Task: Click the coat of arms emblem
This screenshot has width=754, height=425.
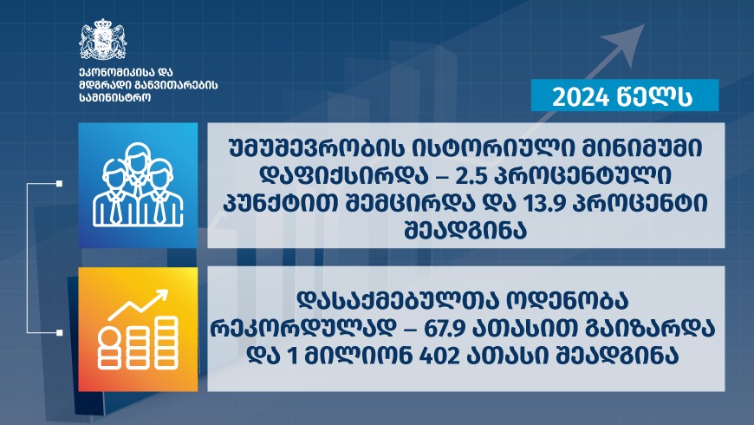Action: tap(102, 40)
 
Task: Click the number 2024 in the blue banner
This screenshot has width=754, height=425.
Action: tap(581, 97)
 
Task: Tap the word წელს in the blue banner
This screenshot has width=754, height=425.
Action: tap(655, 97)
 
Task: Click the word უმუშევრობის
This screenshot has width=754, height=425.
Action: tap(315, 148)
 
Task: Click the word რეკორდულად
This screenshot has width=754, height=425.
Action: tap(303, 329)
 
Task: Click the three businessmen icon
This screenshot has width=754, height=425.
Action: tap(138, 185)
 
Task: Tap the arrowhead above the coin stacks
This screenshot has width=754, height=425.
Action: tap(161, 296)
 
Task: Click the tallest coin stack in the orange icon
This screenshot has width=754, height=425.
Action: tap(166, 343)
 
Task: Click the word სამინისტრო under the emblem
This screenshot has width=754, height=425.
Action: tap(115, 98)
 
